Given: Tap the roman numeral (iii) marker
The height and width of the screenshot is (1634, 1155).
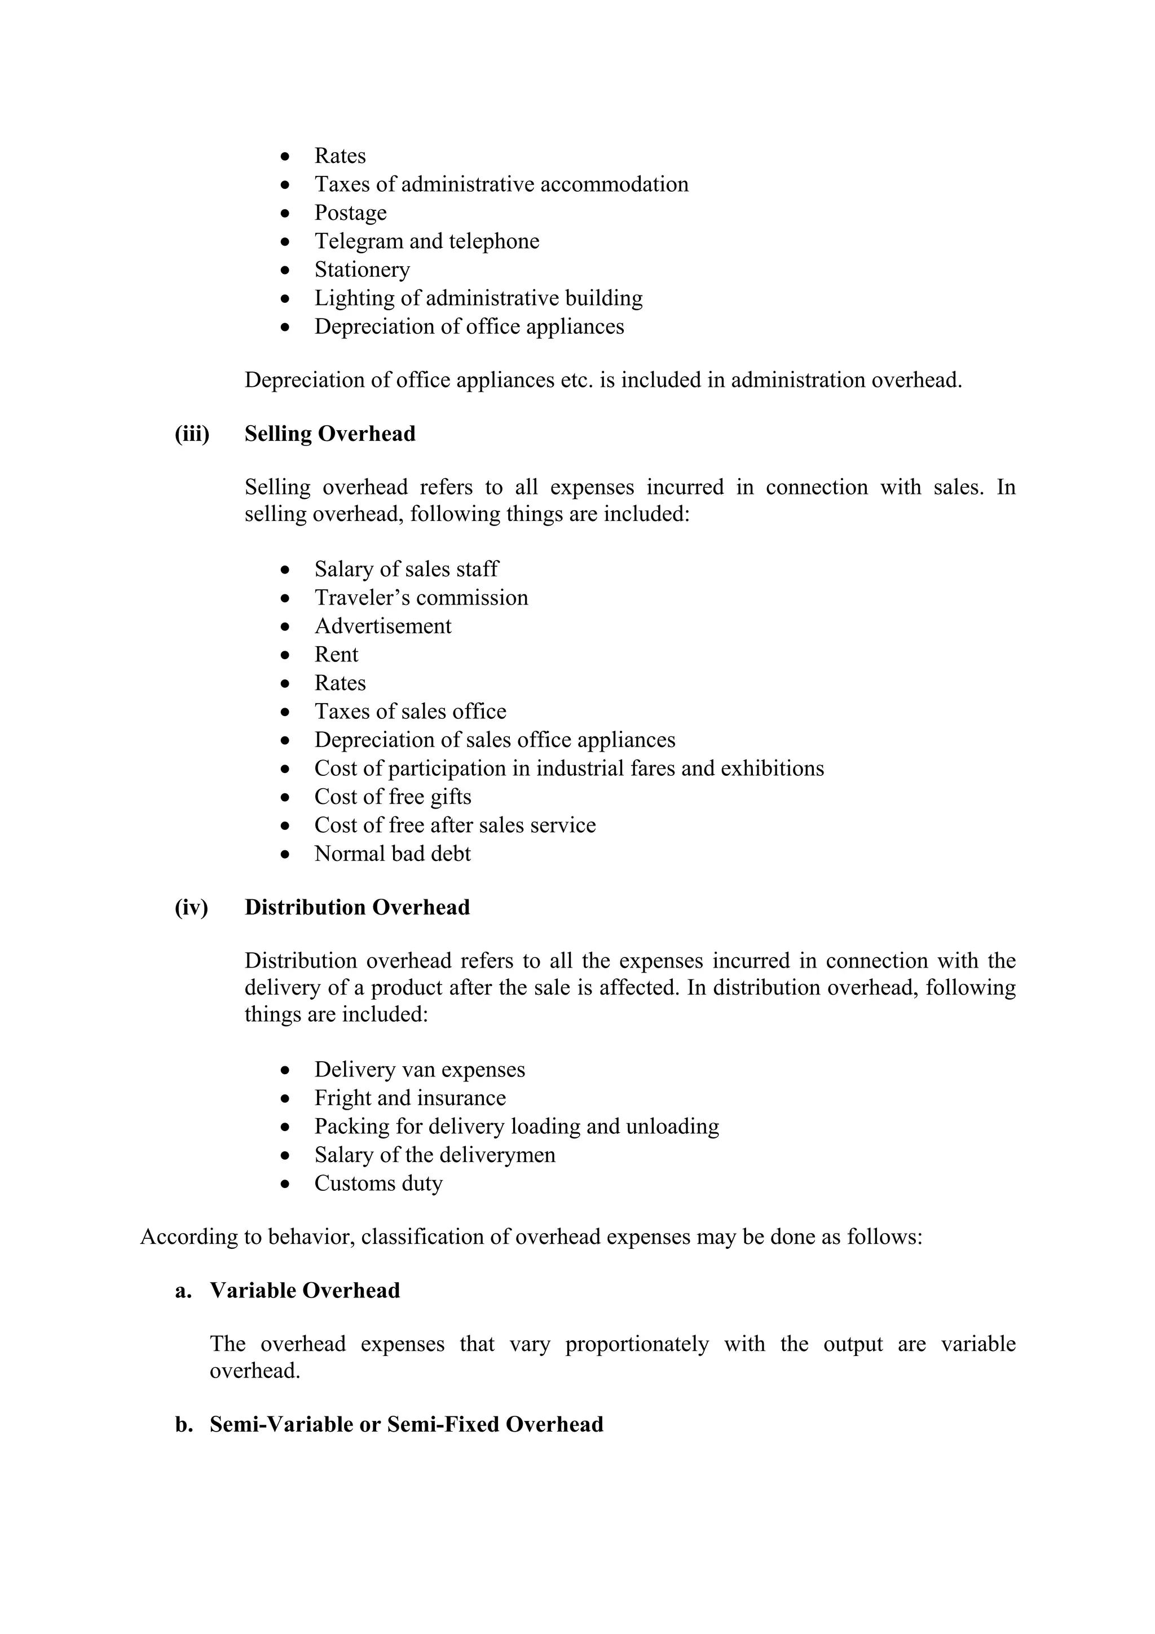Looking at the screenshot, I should click(192, 434).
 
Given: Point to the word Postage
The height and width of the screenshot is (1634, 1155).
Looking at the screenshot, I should click(350, 213).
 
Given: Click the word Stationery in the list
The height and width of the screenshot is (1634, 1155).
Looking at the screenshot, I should click(362, 270).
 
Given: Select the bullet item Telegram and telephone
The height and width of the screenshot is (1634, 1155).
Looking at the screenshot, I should click(426, 241).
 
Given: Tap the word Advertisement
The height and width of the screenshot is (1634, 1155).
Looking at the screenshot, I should click(383, 626).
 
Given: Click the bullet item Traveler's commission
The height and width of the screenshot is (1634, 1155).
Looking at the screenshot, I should click(421, 598).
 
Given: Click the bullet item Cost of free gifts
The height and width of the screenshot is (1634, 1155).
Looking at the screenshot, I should click(393, 797).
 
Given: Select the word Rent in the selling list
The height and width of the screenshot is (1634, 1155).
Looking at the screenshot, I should click(336, 655).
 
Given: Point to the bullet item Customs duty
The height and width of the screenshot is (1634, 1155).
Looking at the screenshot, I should click(378, 1183).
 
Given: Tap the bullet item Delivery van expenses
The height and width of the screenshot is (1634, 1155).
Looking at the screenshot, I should click(419, 1070).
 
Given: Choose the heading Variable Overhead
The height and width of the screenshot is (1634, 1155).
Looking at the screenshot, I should click(305, 1291).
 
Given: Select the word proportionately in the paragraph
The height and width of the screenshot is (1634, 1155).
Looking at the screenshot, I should click(637, 1344).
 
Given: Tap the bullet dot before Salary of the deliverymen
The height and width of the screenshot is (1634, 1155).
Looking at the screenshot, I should click(285, 1156).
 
